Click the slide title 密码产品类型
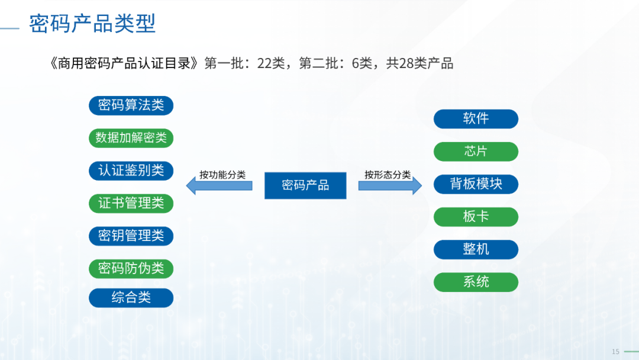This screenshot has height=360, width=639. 92,23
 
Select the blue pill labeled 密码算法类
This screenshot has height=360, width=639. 131,105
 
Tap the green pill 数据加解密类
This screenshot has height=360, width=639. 131,138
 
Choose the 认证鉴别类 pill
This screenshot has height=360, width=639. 131,171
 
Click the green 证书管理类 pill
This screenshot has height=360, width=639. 131,204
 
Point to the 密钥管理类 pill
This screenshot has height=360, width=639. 131,236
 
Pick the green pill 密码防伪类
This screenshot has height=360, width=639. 131,269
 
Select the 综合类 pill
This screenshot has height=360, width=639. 131,298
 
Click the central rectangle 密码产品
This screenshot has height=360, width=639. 305,185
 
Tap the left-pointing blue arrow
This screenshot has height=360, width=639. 220,186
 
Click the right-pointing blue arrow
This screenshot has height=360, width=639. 390,186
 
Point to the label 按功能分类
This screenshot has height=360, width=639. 222,175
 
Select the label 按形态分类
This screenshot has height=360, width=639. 388,175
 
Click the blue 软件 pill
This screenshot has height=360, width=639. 476,119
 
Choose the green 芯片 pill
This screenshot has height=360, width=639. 476,152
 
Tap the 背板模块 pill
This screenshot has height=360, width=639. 476,184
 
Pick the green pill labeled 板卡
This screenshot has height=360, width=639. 476,217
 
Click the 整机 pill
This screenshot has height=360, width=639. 476,249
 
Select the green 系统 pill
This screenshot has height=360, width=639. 476,282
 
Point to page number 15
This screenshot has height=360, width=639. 615,352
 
